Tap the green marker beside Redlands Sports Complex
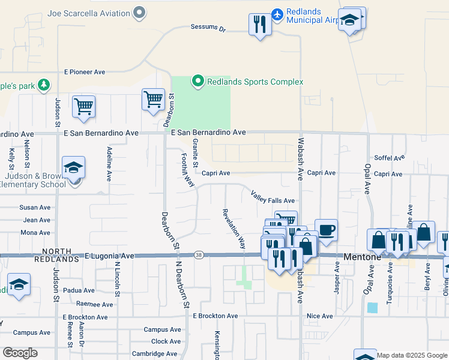pos(197,80)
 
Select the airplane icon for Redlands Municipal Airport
pos(277,14)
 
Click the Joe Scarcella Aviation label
pos(89,13)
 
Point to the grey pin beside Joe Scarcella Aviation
pos(140,12)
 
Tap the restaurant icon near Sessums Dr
pos(260,25)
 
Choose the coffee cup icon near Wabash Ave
pos(326,230)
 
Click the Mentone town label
pos(362,256)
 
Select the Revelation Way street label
pos(234,228)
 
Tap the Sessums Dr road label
pos(207,28)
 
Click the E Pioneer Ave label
pos(85,72)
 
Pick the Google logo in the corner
pos(20,353)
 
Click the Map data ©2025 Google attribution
pos(411,355)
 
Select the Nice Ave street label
pos(319,316)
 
